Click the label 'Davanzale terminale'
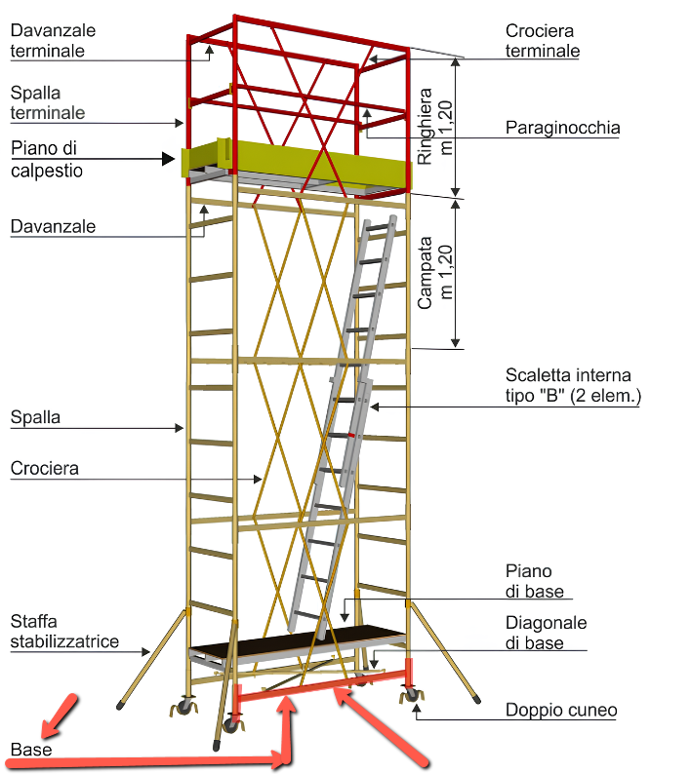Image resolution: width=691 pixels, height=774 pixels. pos(53,41)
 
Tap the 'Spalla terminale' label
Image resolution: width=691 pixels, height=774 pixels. pos(48,102)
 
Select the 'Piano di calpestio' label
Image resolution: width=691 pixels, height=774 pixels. pos(47,159)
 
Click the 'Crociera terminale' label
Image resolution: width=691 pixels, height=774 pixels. pos(543,41)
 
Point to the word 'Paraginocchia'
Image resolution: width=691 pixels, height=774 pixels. pos(562,128)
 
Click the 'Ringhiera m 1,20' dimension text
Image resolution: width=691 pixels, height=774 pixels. pos(435,127)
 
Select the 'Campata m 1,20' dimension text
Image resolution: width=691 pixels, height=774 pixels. pos(435,273)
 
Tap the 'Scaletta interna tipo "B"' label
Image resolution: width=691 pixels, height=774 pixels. pos(573,385)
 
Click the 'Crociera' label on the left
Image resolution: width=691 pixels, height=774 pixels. pos(45,468)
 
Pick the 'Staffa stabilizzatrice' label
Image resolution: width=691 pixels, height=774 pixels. pos(64,631)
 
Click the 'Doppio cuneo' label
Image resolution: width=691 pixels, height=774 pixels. pos(561,710)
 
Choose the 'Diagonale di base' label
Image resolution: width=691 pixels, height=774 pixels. pos(546,633)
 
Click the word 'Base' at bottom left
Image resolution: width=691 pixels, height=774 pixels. pos(31,750)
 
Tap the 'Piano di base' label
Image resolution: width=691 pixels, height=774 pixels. pos(534,581)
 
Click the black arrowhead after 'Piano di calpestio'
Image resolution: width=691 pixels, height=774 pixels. pos(169,159)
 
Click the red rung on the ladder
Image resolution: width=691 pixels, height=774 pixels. pos(350,435)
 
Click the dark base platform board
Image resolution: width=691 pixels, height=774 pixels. pos(297,641)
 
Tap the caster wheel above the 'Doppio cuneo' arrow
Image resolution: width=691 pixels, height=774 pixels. pos(411,695)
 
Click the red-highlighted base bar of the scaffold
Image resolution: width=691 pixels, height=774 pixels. pos(322,685)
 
